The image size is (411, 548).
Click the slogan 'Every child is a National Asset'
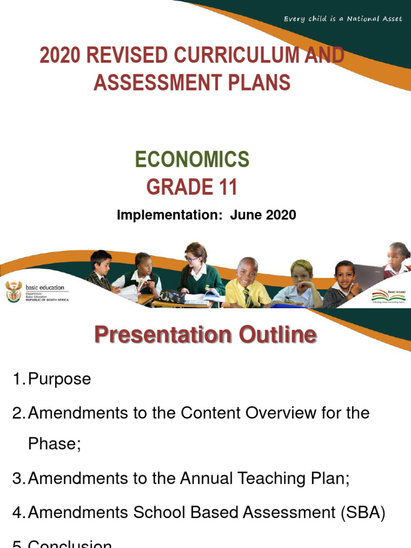pyautogui.click(x=343, y=19)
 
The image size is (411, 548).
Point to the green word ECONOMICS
pyautogui.click(x=192, y=159)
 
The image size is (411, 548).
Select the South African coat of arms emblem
pyautogui.click(x=13, y=291)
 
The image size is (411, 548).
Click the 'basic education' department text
pyautogui.click(x=45, y=287)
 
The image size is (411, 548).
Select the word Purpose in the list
pyautogui.click(x=59, y=379)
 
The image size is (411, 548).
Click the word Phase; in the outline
pyautogui.click(x=55, y=445)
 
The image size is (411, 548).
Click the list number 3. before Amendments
pyautogui.click(x=19, y=479)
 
